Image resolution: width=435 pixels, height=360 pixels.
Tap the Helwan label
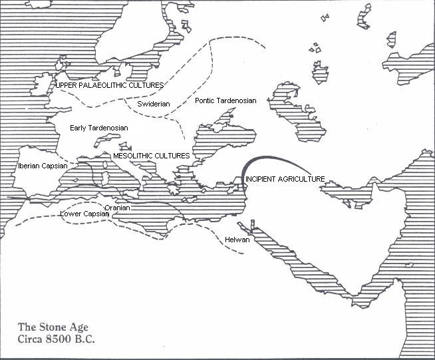[x=237, y=240]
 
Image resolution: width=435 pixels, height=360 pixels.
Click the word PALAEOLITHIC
[x=107, y=85]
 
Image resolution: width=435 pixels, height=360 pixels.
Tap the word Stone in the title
[x=55, y=327]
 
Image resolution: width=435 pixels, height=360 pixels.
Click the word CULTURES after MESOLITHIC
[x=174, y=156]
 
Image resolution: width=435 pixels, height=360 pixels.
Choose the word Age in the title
[x=82, y=327]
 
